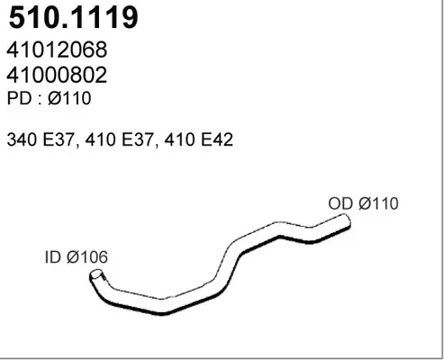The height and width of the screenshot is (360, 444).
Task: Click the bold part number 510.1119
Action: point(74,17)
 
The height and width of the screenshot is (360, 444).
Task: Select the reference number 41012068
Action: point(57,49)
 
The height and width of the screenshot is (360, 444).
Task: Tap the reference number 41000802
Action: point(57,75)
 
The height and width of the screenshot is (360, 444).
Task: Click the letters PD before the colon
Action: point(19,98)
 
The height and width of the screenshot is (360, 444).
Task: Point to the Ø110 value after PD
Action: point(69,98)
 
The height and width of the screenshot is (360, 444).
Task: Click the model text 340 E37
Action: point(41,139)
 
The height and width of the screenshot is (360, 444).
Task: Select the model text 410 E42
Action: point(199,139)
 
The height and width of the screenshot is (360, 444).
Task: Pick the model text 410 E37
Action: point(120,139)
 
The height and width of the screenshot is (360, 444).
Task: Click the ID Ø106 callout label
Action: point(77,257)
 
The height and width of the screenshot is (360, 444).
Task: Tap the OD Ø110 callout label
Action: point(364,203)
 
